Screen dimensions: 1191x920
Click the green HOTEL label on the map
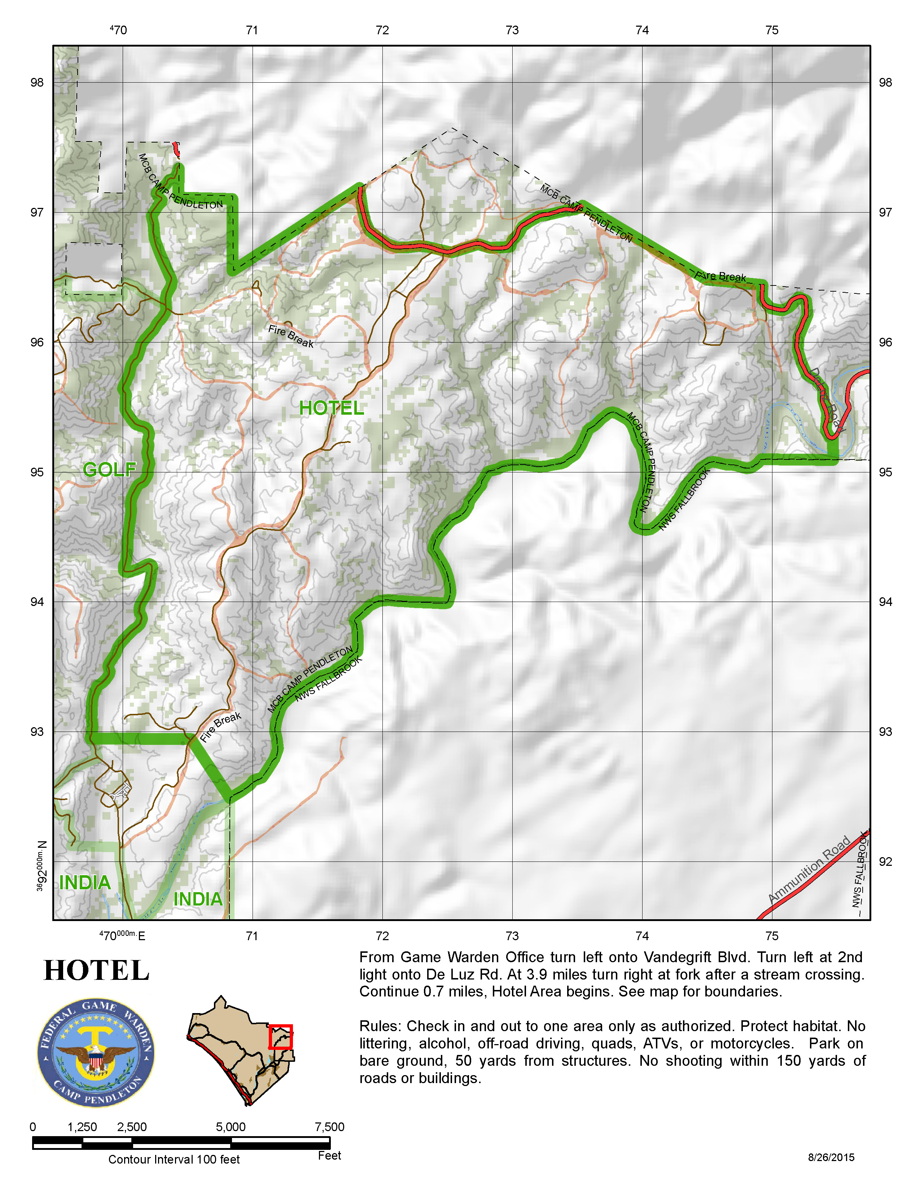click(x=331, y=408)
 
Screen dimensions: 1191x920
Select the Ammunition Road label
click(x=809, y=869)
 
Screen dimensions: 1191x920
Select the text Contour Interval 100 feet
click(x=174, y=1159)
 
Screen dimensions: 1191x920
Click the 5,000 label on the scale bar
click(x=231, y=1127)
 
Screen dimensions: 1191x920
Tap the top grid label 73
click(x=512, y=31)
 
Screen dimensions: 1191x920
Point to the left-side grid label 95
click(x=37, y=472)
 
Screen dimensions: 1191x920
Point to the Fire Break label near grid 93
click(x=220, y=727)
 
